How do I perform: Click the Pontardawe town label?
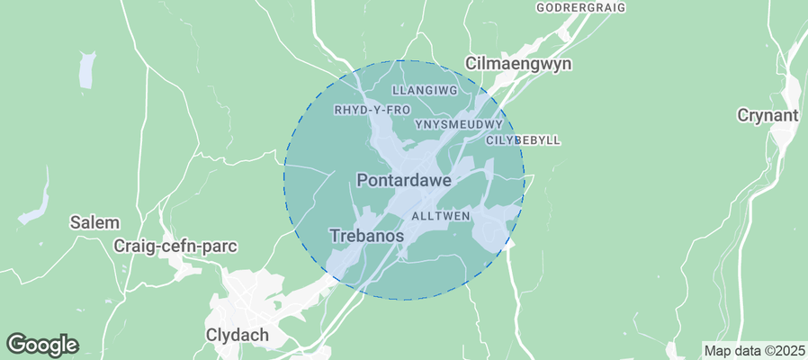pos(403,180)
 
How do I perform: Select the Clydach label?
pos(238,335)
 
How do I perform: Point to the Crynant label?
pos(768,115)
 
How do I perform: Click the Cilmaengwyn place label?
pos(518,64)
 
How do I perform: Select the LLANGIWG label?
pos(426,91)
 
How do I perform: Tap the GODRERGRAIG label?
pos(579,7)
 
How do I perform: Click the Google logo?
pos(42,344)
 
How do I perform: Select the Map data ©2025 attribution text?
pos(753,350)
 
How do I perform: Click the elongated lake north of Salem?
pos(85,70)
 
